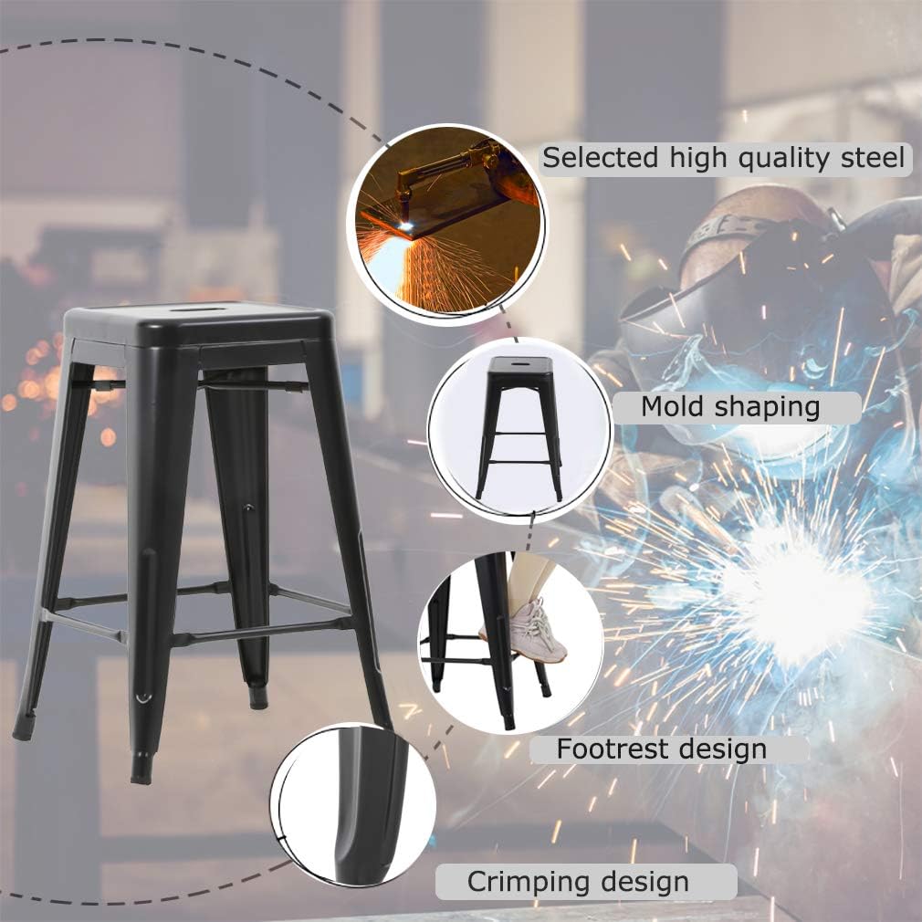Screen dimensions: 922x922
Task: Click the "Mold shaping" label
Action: click(x=730, y=406)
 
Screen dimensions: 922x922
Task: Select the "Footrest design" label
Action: click(x=662, y=749)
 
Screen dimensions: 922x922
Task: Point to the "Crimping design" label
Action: click(x=578, y=882)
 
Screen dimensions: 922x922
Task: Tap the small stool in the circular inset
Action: click(x=519, y=424)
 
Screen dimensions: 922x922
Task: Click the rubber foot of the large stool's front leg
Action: click(x=141, y=768)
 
